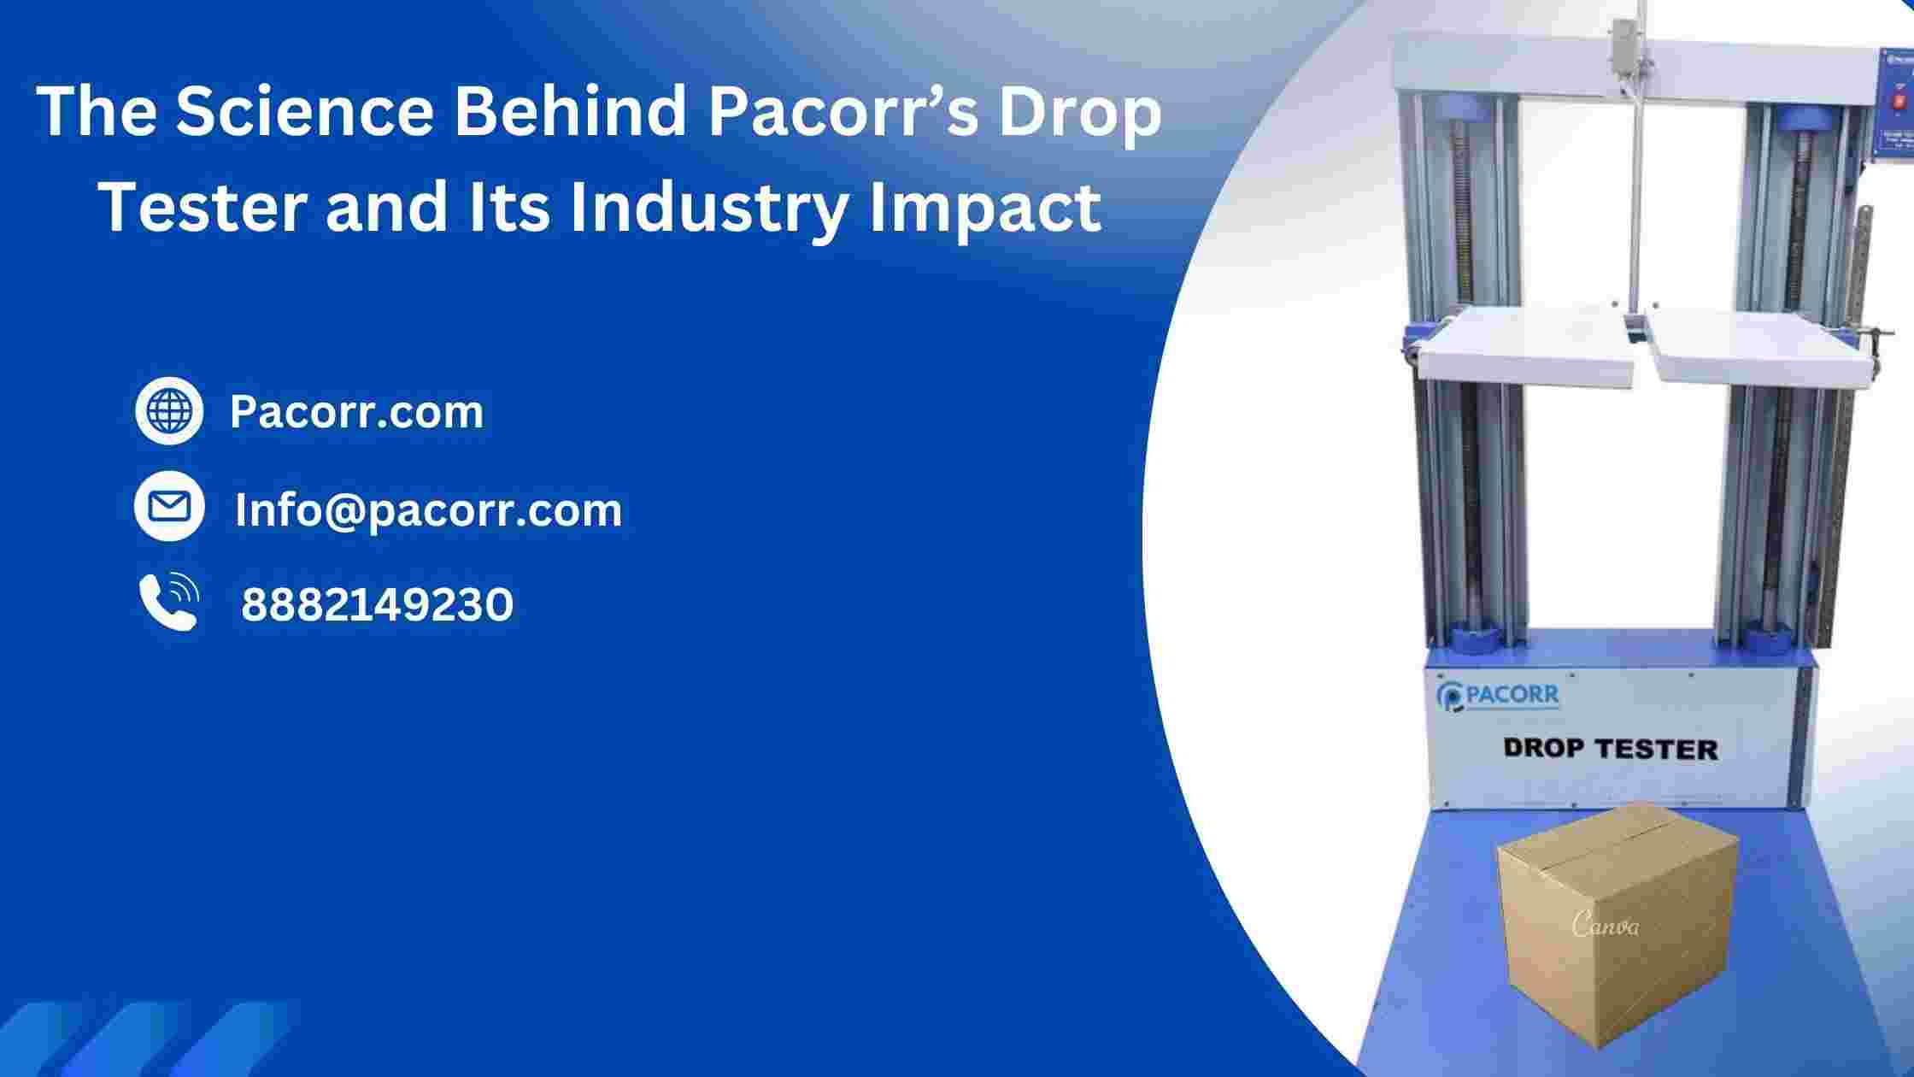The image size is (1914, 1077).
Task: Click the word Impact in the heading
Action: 983,209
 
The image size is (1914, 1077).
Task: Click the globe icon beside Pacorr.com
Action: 169,410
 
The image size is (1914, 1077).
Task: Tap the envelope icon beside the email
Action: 169,506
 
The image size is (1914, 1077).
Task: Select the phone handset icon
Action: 169,602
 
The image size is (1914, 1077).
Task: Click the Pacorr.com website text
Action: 356,412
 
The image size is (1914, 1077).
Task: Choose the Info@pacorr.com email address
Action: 428,510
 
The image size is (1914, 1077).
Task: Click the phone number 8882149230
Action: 377,605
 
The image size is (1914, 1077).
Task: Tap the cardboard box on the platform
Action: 1618,937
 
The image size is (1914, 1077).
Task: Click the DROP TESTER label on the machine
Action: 1610,749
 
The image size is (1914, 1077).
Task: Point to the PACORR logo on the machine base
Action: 1497,696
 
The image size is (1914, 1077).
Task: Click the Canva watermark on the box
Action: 1606,925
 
